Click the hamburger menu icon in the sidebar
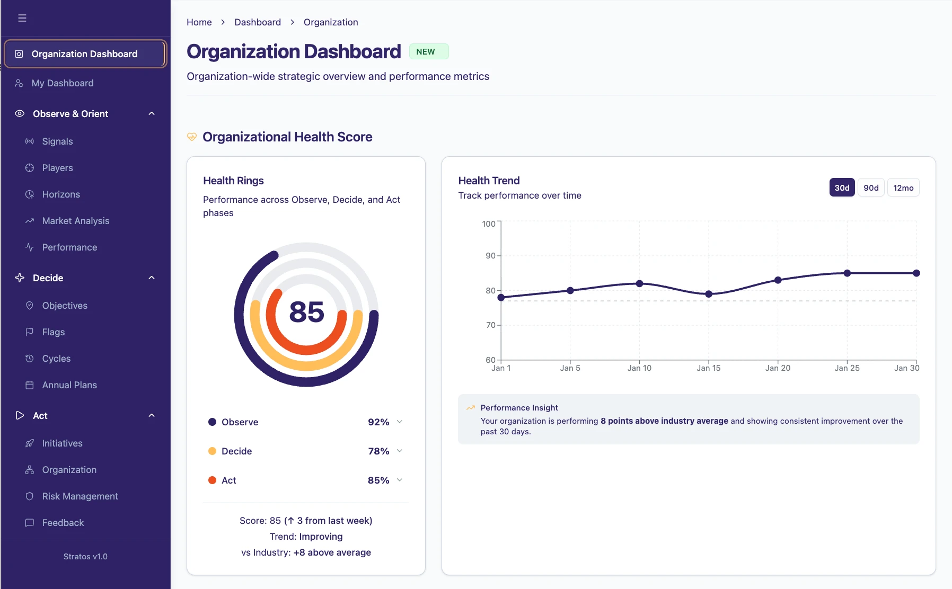click(x=22, y=18)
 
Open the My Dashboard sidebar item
click(x=63, y=83)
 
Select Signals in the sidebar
click(x=57, y=141)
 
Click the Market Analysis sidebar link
click(x=75, y=221)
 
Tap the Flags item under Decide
click(x=53, y=332)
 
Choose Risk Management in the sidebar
click(x=80, y=496)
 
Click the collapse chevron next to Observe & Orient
click(x=152, y=114)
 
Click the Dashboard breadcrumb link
click(x=258, y=22)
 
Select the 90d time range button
click(x=871, y=188)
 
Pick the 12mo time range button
click(x=903, y=188)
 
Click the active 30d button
click(x=842, y=188)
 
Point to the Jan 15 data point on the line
click(x=709, y=294)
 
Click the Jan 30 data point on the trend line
click(x=916, y=273)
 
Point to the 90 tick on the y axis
click(x=490, y=256)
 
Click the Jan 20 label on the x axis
click(x=778, y=368)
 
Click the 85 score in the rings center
click(x=306, y=312)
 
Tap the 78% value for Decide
click(x=378, y=451)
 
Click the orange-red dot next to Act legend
click(x=212, y=480)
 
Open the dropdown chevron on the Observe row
click(x=400, y=422)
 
